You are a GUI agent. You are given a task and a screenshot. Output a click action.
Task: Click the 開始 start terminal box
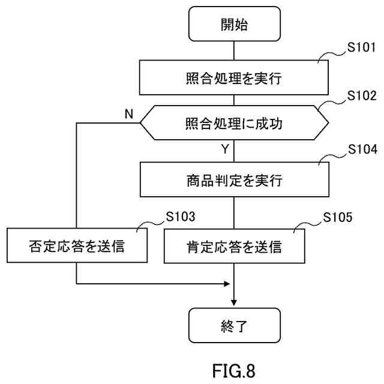235,25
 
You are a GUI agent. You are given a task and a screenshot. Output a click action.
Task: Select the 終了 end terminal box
235,326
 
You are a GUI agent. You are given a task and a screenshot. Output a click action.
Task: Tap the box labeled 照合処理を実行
235,77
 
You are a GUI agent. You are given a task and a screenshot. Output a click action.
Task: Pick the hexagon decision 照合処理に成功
235,124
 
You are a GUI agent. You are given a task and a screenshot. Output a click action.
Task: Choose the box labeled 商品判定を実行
235,180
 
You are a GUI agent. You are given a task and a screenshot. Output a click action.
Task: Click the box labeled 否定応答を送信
77,246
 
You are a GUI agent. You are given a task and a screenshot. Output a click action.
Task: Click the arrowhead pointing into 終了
235,304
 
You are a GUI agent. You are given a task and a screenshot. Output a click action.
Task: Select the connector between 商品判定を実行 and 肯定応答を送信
235,212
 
